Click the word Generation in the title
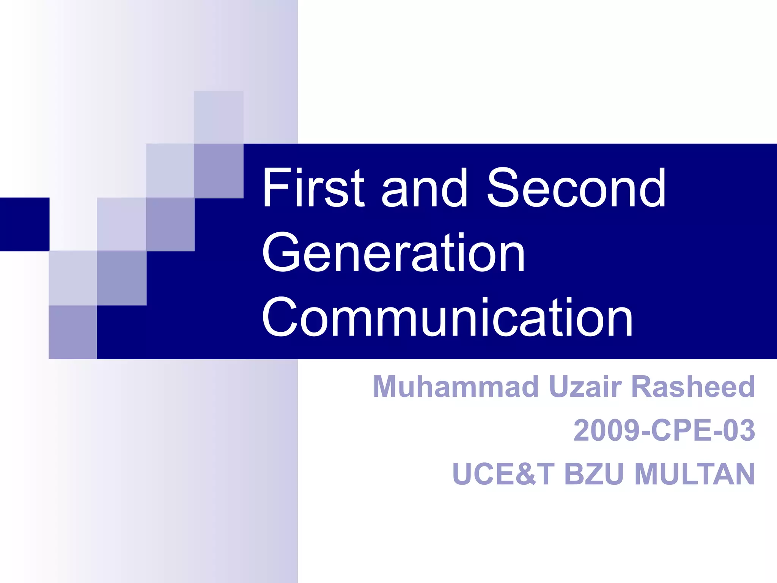tap(393, 253)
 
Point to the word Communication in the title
tap(447, 318)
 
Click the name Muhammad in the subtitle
tap(456, 387)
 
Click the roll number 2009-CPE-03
tap(664, 430)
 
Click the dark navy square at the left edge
tap(24, 224)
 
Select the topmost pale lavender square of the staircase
tap(219, 117)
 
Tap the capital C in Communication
tap(281, 318)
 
